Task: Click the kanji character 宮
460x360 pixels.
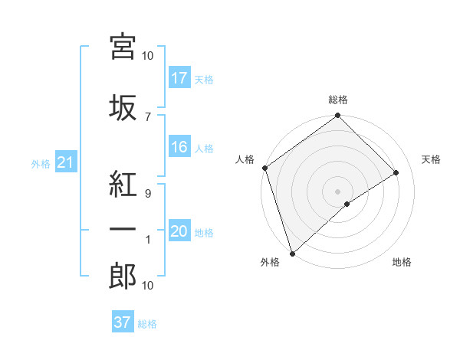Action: click(x=123, y=47)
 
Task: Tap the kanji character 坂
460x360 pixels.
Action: click(x=123, y=107)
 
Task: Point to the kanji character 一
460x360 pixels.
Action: click(x=123, y=229)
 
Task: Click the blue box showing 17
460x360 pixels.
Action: click(x=179, y=78)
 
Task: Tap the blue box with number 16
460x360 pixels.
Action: click(x=179, y=148)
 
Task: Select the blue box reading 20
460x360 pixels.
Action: click(x=179, y=232)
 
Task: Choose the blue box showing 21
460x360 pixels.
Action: click(x=65, y=162)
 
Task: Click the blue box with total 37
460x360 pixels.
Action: click(x=122, y=322)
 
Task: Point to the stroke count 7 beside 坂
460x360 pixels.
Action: click(x=147, y=116)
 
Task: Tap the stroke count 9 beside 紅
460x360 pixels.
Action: click(x=147, y=194)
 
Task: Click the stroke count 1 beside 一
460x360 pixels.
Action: click(x=147, y=240)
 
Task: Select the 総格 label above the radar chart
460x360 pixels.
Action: click(x=337, y=100)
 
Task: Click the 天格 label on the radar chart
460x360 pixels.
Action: click(x=432, y=159)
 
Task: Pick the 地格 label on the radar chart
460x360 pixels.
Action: click(x=402, y=263)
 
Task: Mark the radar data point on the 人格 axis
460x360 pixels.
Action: click(x=264, y=168)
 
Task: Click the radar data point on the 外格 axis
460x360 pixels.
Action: click(x=291, y=253)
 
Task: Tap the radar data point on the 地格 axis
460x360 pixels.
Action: click(x=347, y=204)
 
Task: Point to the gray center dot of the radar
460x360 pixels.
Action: click(x=337, y=191)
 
